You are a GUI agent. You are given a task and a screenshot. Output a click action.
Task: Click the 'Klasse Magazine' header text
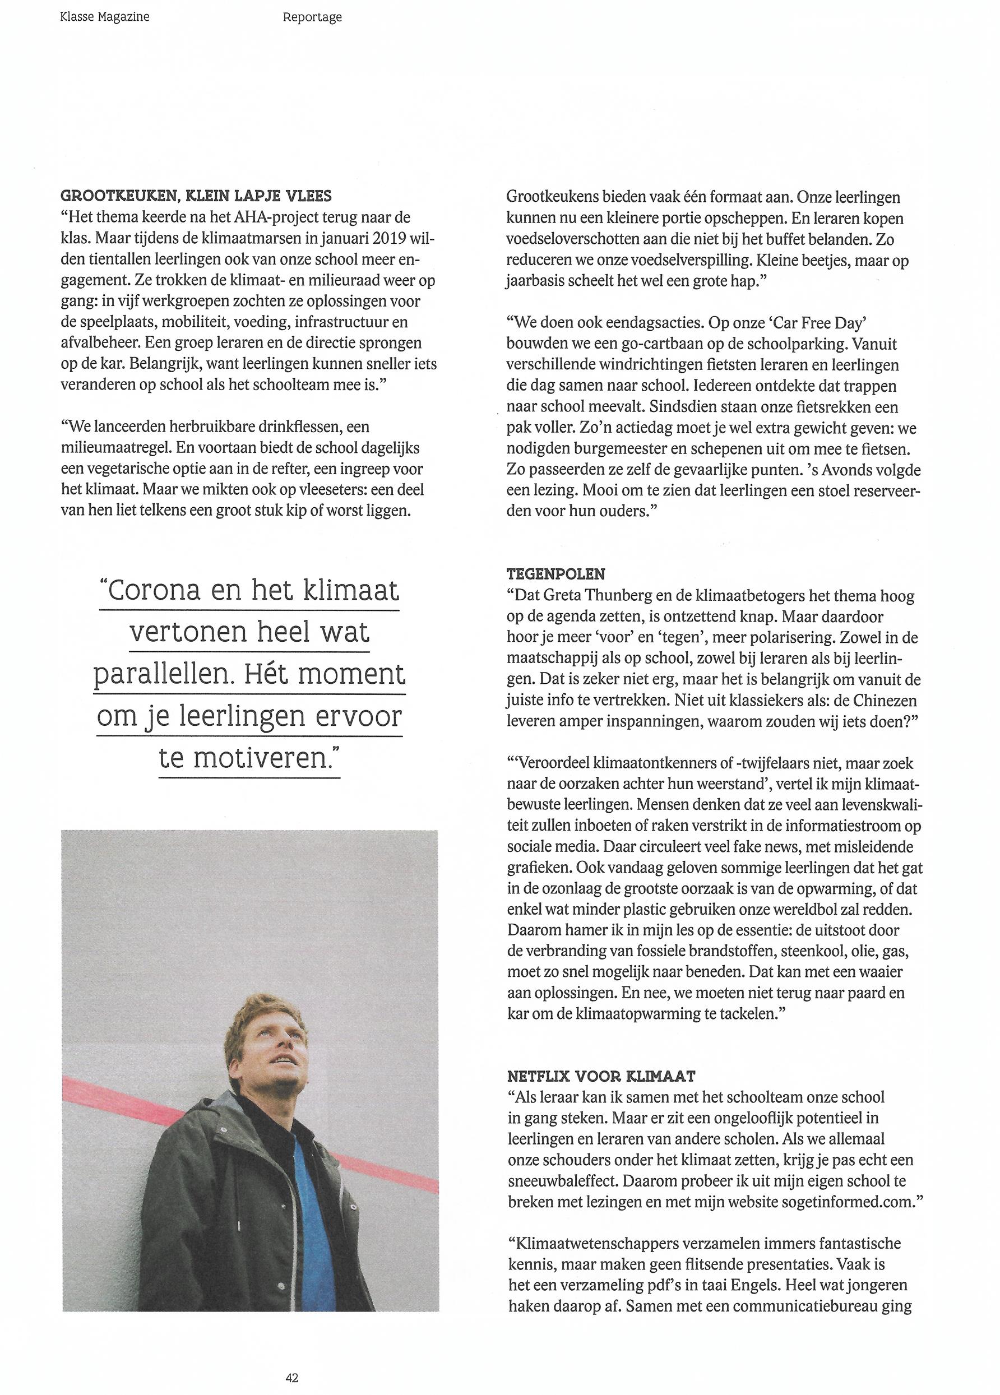105,17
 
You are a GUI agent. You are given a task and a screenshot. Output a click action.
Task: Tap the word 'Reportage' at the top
312,17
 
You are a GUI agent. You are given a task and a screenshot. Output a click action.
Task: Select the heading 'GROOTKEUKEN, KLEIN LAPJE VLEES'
196,196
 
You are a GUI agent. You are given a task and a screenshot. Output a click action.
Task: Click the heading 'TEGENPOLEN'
556,574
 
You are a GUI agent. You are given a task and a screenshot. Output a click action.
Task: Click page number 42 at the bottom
292,1377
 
